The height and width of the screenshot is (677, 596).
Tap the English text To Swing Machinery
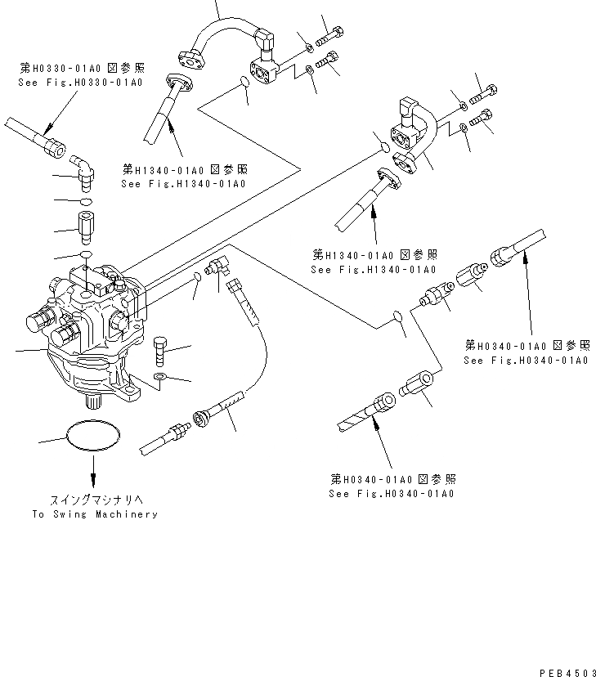[x=95, y=514]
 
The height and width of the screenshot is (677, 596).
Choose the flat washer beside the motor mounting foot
[x=160, y=377]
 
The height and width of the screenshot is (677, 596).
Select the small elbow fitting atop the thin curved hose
[x=221, y=267]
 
